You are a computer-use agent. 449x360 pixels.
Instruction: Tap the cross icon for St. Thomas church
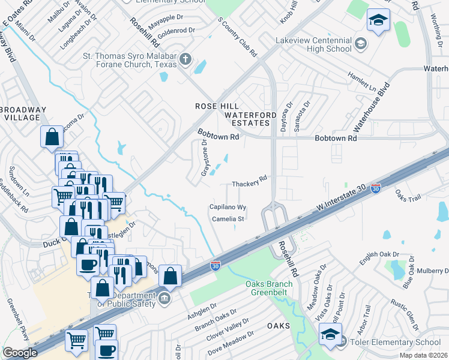186,59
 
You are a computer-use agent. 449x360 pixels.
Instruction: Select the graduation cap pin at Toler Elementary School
330,335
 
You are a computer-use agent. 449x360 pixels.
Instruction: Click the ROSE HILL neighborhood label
213,106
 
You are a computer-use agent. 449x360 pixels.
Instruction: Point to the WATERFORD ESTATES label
250,118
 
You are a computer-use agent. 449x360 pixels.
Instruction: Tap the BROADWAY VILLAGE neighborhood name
23,113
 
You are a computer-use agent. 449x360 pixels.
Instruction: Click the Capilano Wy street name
228,207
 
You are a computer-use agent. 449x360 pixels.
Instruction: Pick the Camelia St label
228,219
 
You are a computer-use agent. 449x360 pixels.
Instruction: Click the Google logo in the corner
20,353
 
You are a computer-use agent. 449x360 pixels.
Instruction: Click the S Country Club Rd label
237,37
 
